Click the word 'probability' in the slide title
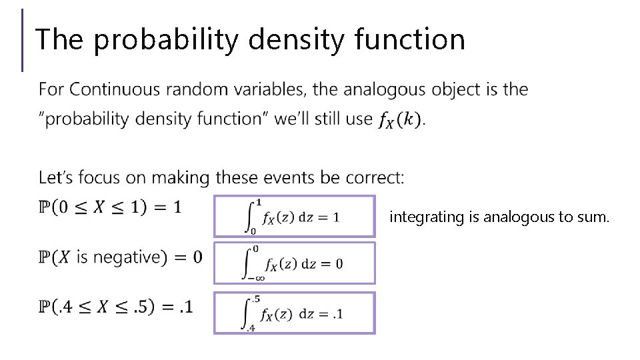165,40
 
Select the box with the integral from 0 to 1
294,216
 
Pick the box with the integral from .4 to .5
294,312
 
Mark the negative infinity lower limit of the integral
247,279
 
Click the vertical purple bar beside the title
23,40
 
